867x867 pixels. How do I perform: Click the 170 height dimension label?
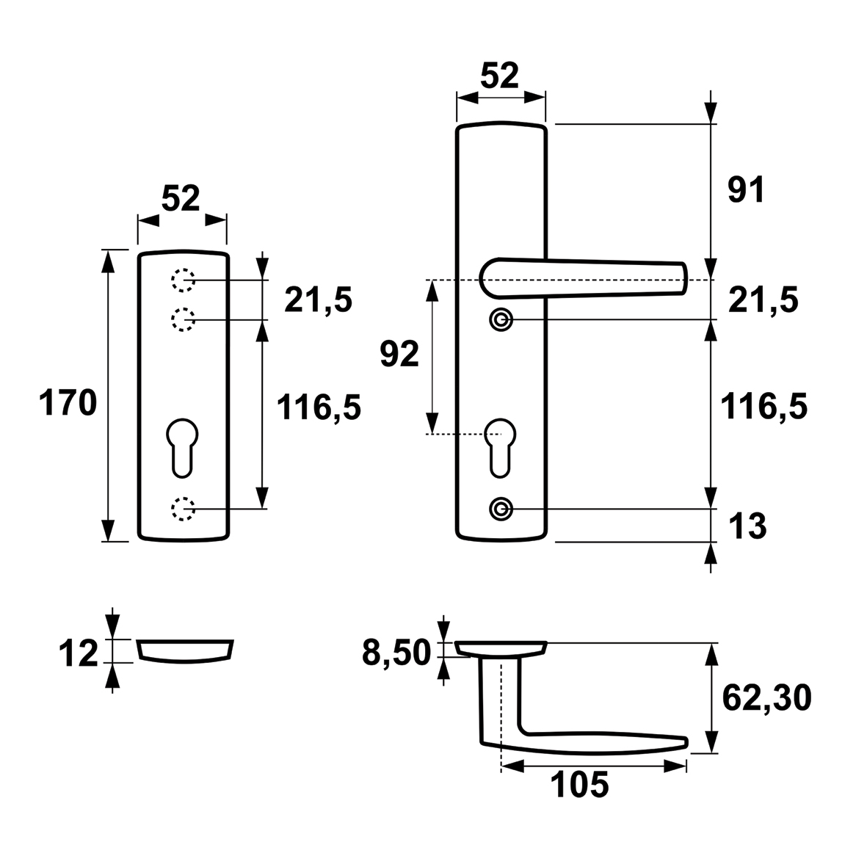click(68, 402)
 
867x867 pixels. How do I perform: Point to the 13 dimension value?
click(747, 526)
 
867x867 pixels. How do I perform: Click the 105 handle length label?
click(580, 785)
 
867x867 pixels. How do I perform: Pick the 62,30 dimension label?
click(767, 698)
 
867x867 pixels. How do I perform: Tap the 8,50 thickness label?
click(396, 653)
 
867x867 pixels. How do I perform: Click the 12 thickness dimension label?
click(78, 653)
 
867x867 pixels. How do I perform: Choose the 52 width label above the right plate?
click(499, 76)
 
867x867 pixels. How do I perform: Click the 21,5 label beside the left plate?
click(318, 301)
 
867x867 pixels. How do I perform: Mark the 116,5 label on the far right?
click(763, 407)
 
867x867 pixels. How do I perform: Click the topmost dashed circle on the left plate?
click(183, 280)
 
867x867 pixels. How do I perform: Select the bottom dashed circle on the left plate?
click(183, 509)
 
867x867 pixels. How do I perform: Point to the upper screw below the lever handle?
click(501, 319)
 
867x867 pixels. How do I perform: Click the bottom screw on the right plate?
click(501, 509)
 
